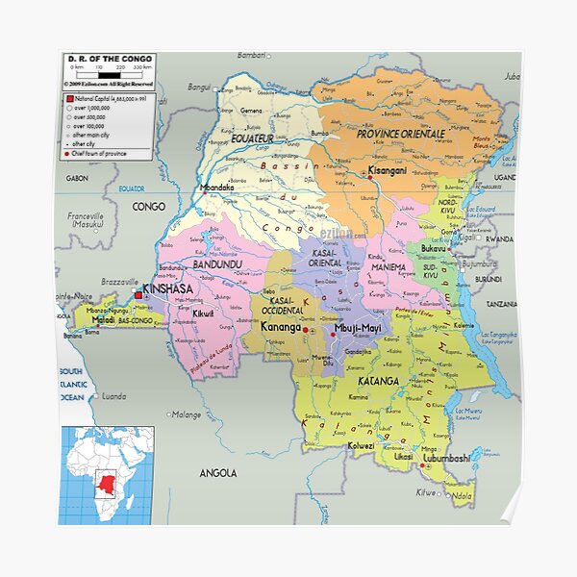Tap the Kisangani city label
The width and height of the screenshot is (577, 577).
pos(388,170)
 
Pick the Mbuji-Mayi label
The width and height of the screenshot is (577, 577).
pos(357,329)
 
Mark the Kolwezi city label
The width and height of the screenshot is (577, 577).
pos(361,445)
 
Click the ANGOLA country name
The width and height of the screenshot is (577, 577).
pos(218,472)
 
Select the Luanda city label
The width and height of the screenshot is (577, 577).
pos(113,395)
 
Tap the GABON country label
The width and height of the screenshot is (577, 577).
pos(77,178)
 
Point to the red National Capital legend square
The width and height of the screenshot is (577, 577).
pos(69,98)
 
